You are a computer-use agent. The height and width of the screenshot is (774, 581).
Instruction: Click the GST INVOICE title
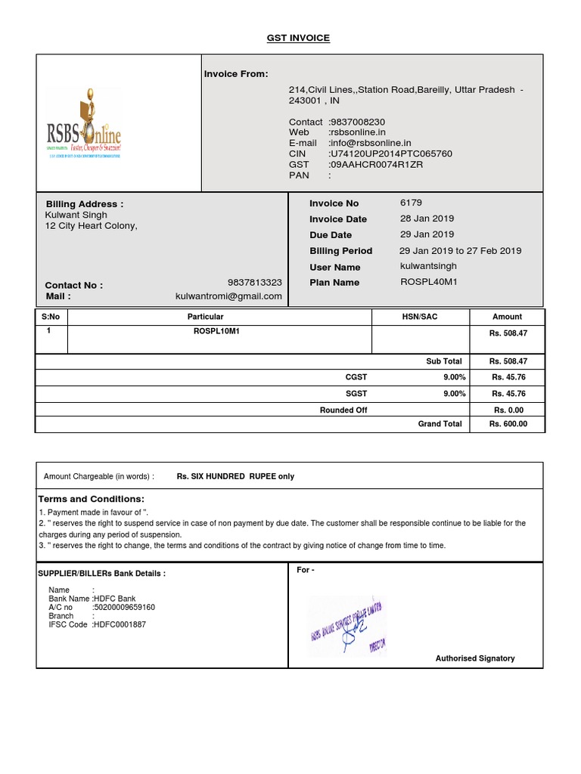point(298,38)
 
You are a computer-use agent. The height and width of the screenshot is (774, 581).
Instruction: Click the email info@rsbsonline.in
point(371,143)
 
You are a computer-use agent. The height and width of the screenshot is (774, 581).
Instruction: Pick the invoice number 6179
point(411,203)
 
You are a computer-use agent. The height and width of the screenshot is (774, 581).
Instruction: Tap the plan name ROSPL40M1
point(429,282)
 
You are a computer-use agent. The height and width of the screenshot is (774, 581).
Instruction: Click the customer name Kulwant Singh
point(77,215)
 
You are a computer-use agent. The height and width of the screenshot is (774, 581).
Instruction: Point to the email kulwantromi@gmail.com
point(228,296)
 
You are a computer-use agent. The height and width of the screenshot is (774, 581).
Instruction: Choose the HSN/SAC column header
point(419,317)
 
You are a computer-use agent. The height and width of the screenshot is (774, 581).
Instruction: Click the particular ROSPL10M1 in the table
point(216,331)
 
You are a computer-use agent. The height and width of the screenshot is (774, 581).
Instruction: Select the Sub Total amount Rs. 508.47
point(508,361)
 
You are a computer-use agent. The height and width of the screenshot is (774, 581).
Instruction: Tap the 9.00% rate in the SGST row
point(454,394)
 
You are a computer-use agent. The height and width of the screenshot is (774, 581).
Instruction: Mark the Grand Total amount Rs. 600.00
point(508,424)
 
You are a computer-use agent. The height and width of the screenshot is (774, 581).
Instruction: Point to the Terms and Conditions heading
point(91,500)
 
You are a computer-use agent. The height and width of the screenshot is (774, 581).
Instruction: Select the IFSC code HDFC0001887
point(119,625)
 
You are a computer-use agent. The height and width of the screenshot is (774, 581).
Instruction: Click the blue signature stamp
point(346,624)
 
